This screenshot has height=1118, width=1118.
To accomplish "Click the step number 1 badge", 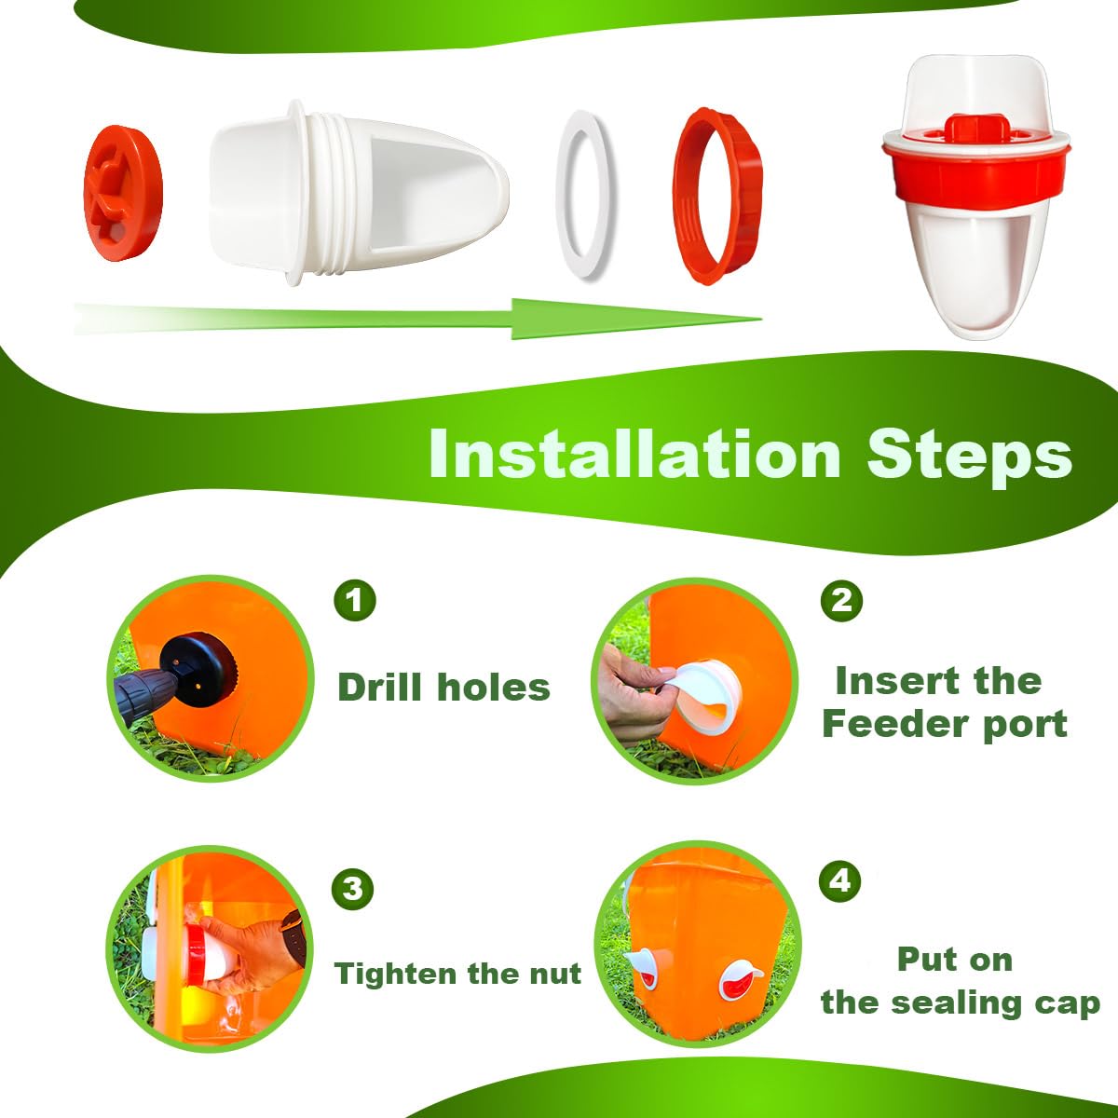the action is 355,600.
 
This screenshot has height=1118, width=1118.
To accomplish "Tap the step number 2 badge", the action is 841,600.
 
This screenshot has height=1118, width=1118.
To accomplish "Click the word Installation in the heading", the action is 634,455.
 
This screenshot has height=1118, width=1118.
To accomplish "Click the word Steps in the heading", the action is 970,456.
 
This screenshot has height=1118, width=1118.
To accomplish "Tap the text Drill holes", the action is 443,688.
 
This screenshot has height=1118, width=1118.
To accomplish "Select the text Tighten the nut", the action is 457,973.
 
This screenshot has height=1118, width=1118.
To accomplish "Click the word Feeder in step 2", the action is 882,724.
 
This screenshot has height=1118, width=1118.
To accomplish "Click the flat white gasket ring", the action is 583,196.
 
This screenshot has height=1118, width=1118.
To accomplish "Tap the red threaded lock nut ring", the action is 717,196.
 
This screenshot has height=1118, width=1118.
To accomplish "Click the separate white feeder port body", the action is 359,193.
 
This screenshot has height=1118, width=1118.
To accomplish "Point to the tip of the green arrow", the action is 761,319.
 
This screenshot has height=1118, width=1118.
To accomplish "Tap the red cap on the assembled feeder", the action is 975,129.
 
